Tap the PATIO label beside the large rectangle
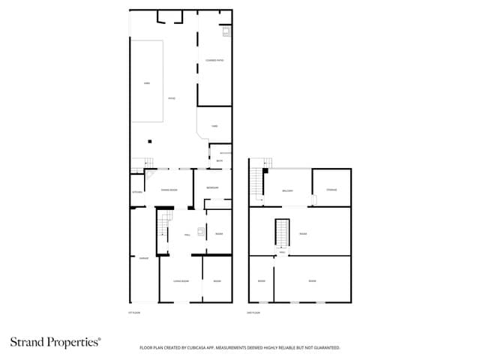[x=171, y=98]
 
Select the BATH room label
[x=219, y=161]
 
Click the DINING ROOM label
[x=169, y=190]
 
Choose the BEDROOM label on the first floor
[x=212, y=187]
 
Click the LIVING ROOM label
[x=181, y=281]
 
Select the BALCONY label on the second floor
[x=287, y=190]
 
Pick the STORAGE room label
[x=331, y=190]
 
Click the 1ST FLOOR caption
[x=135, y=312]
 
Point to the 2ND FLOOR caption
[x=255, y=312]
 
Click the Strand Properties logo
[x=55, y=342]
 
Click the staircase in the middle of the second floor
[x=283, y=232]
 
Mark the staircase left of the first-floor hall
[x=165, y=224]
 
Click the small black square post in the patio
[x=149, y=141]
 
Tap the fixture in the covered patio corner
[x=225, y=32]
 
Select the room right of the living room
[x=217, y=281]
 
